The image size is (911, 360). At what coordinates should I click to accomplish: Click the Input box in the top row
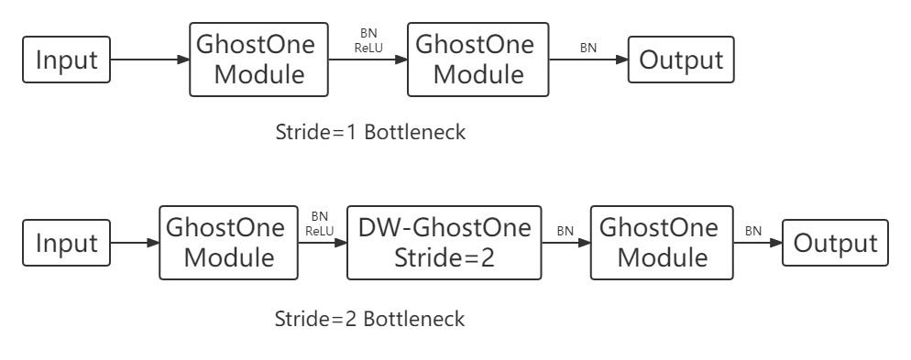[x=66, y=60]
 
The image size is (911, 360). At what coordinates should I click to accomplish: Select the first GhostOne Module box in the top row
[x=258, y=60]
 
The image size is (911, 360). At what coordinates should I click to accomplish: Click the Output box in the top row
[x=681, y=60]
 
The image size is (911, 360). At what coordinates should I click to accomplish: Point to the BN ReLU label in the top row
[x=368, y=40]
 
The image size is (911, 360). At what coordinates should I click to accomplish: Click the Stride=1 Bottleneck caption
[x=370, y=132]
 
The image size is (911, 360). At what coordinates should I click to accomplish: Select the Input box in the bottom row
[x=66, y=244]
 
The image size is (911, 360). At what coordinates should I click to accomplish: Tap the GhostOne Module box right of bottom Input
[x=228, y=243]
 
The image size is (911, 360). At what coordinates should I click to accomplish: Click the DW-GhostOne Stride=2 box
[x=445, y=243]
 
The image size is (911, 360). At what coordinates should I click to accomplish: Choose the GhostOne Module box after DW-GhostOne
[x=662, y=243]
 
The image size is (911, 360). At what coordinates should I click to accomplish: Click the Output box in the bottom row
[x=835, y=244]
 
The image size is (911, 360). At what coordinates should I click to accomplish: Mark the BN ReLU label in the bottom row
[x=319, y=224]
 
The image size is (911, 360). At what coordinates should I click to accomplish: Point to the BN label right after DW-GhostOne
[x=565, y=232]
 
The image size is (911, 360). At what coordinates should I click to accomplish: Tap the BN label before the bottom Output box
[x=753, y=232]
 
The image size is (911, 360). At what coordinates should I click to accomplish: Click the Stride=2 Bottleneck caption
[x=370, y=320]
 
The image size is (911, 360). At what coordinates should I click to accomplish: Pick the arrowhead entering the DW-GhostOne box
[x=342, y=244]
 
